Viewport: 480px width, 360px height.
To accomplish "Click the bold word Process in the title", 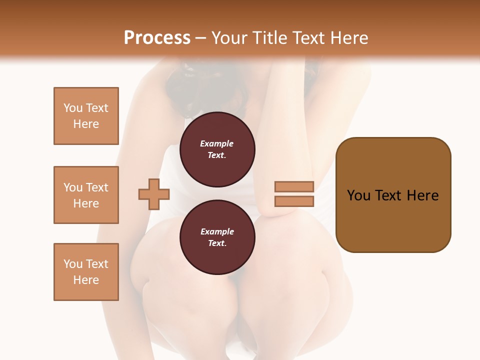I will [157, 38].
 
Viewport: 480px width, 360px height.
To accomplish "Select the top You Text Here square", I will [86, 116].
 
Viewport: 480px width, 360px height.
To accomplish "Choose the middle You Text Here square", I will [86, 195].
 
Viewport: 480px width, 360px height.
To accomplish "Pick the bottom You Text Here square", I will [86, 272].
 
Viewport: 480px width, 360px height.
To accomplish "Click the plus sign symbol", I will [154, 194].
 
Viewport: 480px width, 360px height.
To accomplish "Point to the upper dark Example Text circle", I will [217, 149].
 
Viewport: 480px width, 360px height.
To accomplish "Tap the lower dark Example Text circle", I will [217, 237].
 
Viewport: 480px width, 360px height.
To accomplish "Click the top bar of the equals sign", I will [294, 186].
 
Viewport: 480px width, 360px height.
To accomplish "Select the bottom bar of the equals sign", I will [294, 201].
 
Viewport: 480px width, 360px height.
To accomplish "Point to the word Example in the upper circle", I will [217, 143].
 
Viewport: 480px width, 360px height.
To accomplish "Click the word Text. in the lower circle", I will [217, 243].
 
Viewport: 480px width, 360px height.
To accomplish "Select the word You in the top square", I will [72, 108].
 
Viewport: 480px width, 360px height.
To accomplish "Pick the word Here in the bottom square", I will [86, 280].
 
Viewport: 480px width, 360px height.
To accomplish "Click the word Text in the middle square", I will [97, 187].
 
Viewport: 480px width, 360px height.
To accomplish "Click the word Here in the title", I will [350, 38].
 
